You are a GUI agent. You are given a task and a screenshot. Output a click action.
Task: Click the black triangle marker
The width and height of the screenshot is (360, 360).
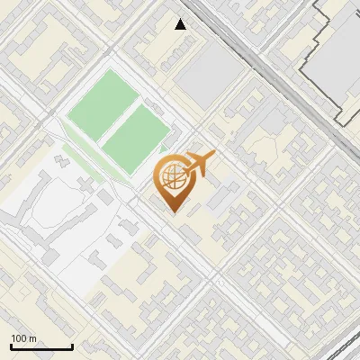(181, 24)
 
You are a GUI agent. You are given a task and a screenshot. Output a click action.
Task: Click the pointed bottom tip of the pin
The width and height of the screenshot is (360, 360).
(174, 212)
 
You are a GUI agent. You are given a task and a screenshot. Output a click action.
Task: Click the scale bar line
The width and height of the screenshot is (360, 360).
(41, 346)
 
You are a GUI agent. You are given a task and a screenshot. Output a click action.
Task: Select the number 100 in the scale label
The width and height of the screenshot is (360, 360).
(20, 338)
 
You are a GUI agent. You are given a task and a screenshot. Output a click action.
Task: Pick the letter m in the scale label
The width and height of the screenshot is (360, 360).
(32, 338)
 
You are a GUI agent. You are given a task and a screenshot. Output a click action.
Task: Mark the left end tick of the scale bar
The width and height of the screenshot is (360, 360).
(11, 345)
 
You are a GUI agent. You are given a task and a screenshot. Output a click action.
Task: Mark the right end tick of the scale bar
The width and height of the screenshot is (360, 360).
(72, 345)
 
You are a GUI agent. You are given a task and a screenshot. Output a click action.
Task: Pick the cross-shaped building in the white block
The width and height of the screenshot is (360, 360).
(63, 161)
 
